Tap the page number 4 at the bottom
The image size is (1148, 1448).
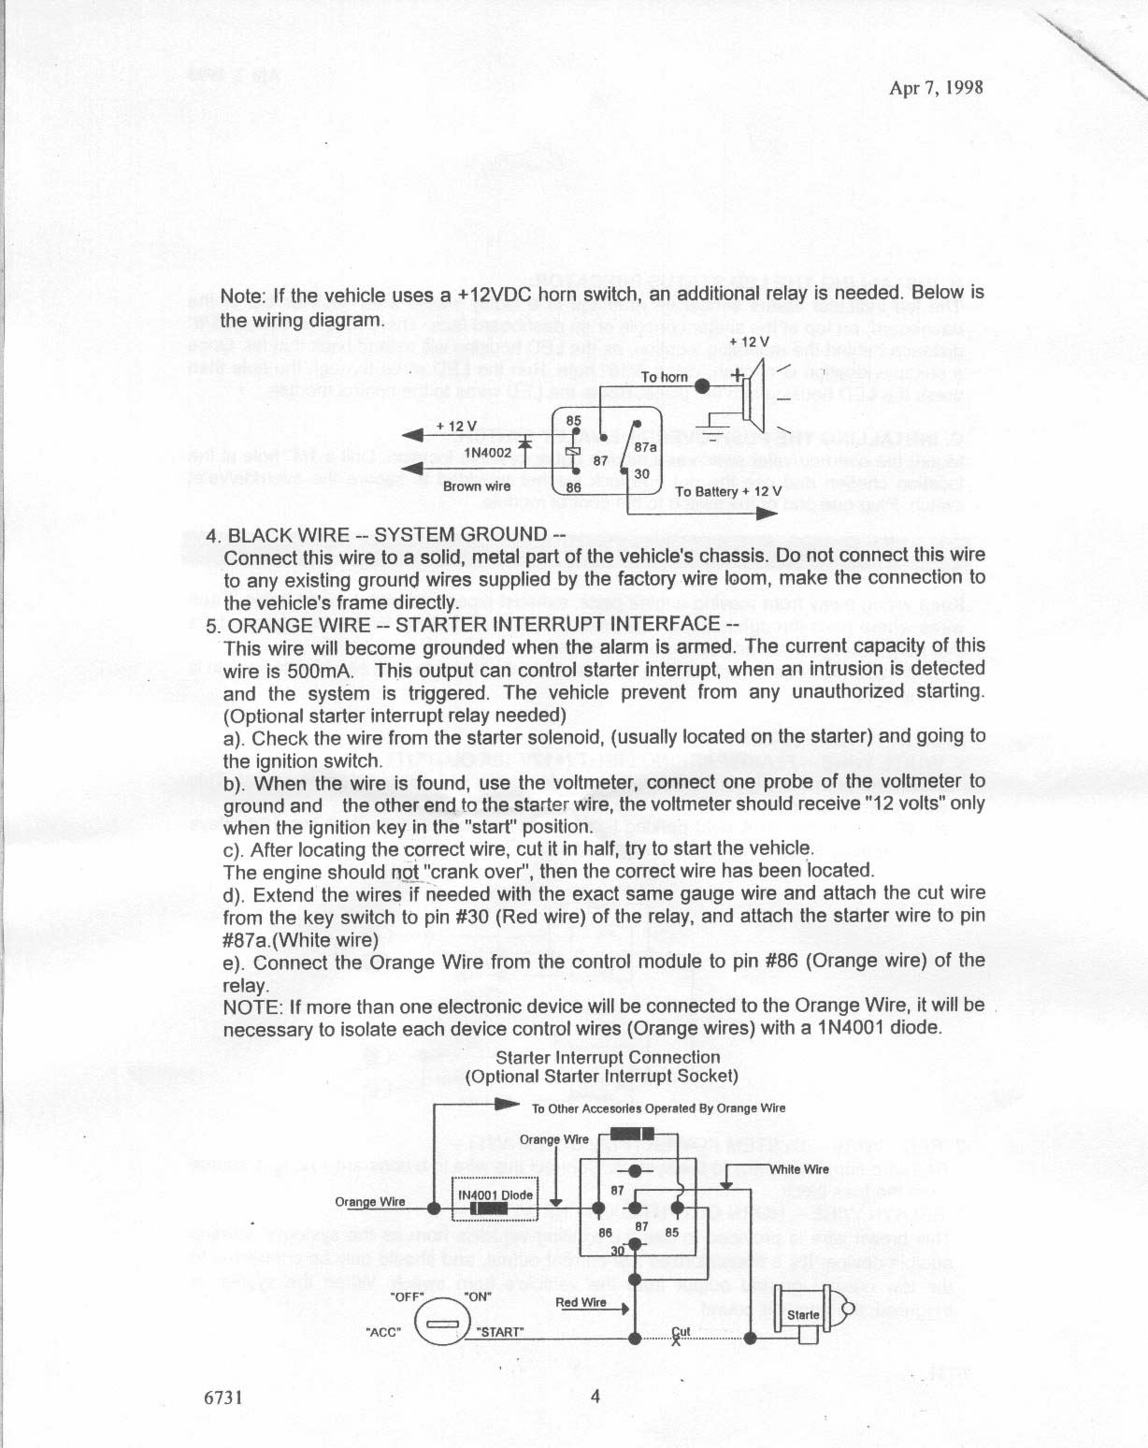tap(596, 1397)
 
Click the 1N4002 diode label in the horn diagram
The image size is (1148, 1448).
tap(487, 453)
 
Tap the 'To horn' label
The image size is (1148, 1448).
tap(665, 377)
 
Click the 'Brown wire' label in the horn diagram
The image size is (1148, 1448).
tap(477, 485)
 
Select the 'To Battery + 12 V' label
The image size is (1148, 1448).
tap(727, 492)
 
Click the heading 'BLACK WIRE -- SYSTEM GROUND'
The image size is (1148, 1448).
tap(396, 534)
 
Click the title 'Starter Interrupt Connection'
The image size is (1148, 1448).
tap(608, 1058)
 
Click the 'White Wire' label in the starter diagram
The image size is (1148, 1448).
tap(799, 1168)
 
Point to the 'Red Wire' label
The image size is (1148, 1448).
tap(581, 1302)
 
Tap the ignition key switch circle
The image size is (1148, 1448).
tap(438, 1325)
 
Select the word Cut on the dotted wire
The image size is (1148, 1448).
tap(681, 1332)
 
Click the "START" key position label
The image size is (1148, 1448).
tap(500, 1332)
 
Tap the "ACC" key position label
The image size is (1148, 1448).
tap(384, 1332)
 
